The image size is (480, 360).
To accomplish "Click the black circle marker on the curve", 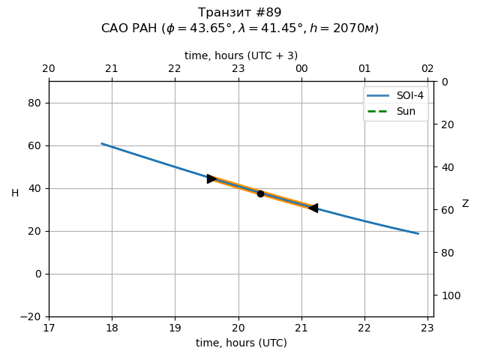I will (260, 193).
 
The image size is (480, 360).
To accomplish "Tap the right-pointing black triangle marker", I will (211, 178).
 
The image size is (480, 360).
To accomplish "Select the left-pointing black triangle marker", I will (313, 208).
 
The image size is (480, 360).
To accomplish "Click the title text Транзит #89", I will (240, 13).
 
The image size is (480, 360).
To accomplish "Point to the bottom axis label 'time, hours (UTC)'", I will (241, 343).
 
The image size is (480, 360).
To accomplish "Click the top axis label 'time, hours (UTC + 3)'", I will (241, 55).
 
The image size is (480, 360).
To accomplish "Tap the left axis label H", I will (15, 193).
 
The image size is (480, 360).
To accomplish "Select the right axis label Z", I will (465, 204).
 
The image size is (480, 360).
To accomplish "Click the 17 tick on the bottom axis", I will (49, 327).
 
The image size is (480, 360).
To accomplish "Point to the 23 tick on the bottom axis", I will (427, 327).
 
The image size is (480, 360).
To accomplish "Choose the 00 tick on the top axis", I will (301, 69).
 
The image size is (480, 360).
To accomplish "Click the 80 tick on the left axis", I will (34, 103).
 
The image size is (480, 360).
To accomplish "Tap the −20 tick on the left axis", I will (31, 316).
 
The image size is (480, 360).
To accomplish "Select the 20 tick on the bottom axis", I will (238, 327).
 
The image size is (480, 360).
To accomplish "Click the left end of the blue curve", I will (102, 143).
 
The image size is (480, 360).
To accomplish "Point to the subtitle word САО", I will (115, 28).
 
